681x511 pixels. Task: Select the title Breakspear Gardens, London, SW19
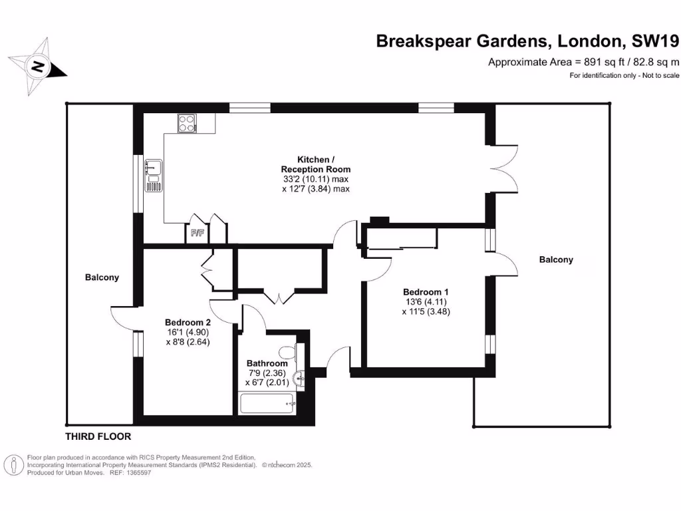click(x=527, y=41)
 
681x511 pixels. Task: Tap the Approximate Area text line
click(x=583, y=63)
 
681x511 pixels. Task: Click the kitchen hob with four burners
click(x=188, y=123)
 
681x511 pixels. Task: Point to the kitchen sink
click(x=152, y=175)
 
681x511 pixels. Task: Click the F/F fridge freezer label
click(x=196, y=234)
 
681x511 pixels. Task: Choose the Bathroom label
click(x=267, y=363)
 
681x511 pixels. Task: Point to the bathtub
click(x=267, y=403)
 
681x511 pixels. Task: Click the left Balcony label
click(x=102, y=277)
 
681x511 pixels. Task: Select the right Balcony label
click(x=555, y=260)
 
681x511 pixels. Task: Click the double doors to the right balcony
click(x=505, y=167)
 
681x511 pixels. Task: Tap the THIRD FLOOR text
click(x=98, y=437)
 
